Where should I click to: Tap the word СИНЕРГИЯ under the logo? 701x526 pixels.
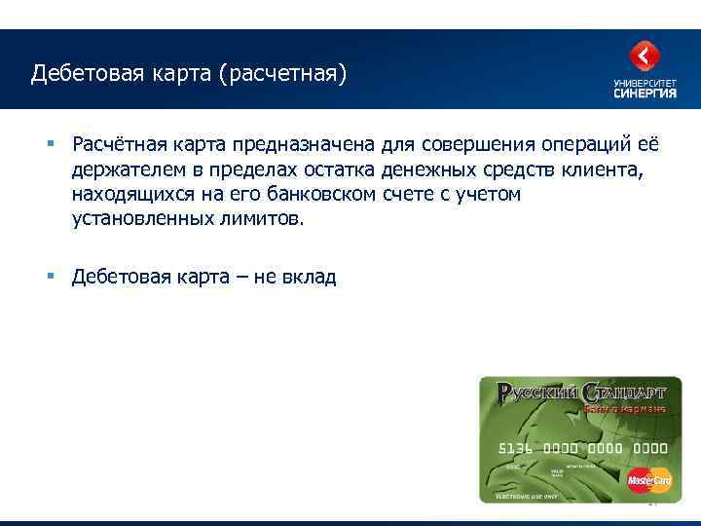pos(644,94)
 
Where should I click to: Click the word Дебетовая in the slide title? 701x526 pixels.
pos(78,74)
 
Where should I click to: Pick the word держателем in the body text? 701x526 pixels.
pos(122,170)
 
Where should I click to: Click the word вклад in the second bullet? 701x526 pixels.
pos(310,278)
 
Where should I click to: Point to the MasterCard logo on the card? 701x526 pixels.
pos(649,479)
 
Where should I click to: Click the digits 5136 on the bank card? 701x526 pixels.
pos(515,448)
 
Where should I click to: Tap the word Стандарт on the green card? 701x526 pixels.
pos(623,393)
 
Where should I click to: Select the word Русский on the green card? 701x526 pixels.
pos(538,393)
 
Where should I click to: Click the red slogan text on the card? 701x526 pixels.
pos(624,408)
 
